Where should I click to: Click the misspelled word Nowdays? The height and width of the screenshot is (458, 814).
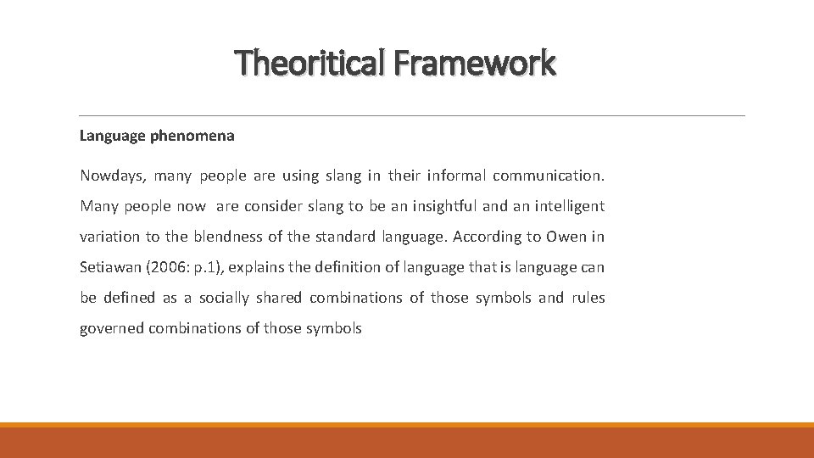click(x=114, y=176)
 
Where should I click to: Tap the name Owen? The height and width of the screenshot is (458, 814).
click(x=566, y=237)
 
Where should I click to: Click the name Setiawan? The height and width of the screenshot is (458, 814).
click(x=112, y=267)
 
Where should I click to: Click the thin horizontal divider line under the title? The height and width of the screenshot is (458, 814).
click(x=411, y=115)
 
